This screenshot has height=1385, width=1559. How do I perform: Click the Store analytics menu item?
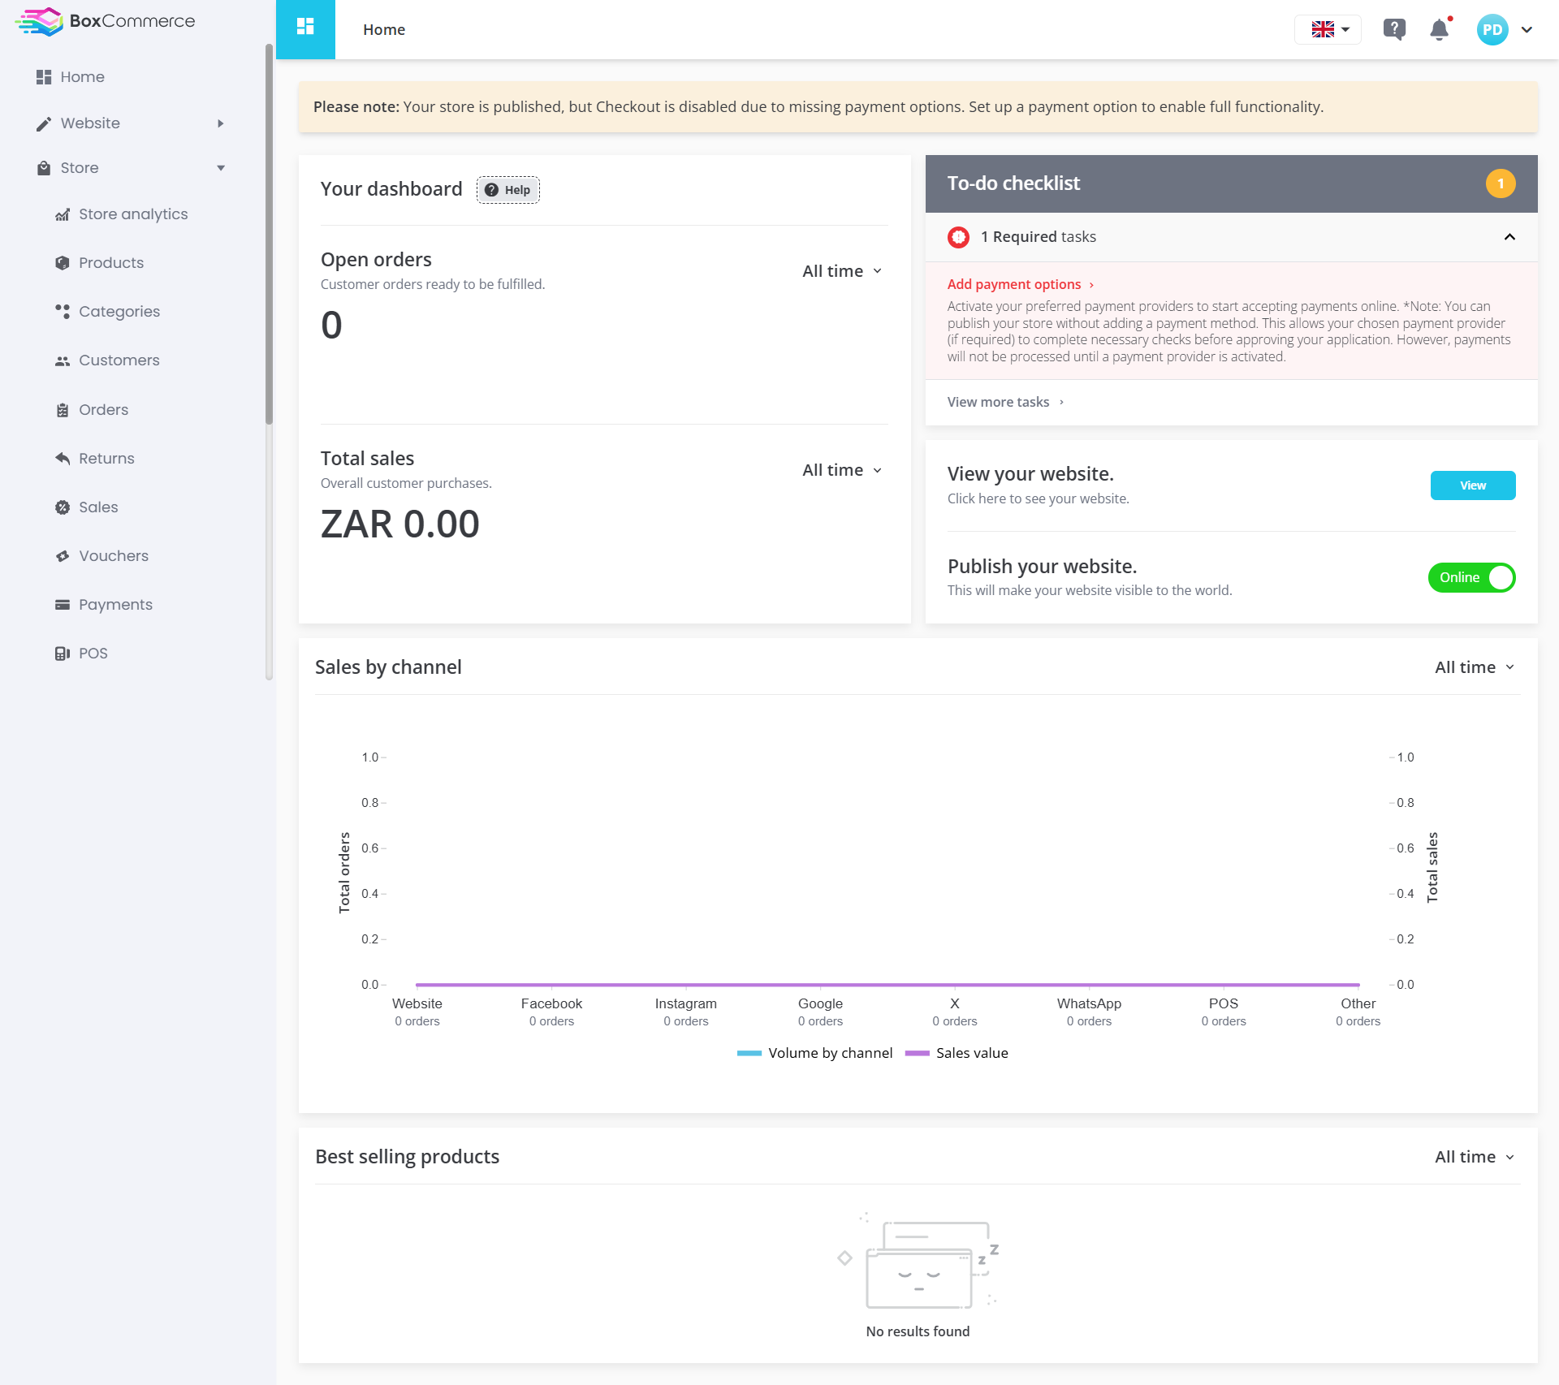122,214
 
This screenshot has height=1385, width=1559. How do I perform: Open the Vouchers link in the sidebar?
102,556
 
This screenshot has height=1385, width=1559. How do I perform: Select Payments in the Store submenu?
104,605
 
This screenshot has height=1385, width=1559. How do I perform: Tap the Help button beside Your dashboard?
508,190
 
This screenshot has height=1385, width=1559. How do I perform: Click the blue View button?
1473,485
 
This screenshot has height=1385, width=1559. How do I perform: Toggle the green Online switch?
1472,578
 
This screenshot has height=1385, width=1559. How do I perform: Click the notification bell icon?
1440,30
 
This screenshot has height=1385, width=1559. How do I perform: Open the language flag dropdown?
1328,30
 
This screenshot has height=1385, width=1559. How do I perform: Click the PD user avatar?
1492,30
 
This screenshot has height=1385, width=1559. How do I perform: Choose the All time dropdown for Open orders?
842,271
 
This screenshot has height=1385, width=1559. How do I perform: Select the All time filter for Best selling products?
1475,1157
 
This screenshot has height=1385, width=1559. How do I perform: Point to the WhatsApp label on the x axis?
1089,1004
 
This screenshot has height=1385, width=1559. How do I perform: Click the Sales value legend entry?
957,1054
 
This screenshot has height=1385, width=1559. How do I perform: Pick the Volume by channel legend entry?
814,1054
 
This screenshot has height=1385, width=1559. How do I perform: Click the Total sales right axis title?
1432,868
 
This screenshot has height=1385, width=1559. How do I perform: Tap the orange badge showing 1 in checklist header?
1501,184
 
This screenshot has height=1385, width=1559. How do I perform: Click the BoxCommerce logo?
105,22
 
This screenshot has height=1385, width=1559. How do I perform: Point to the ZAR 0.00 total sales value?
400,524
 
